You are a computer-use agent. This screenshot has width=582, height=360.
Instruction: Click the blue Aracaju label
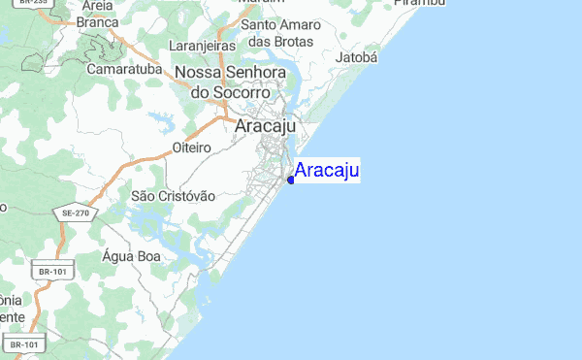coord(327,172)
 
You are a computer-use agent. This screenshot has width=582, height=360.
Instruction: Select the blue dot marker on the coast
coord(291,180)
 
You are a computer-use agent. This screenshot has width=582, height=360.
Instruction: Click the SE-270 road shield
coord(75,213)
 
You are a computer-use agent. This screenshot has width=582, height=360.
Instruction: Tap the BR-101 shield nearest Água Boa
coord(52,274)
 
